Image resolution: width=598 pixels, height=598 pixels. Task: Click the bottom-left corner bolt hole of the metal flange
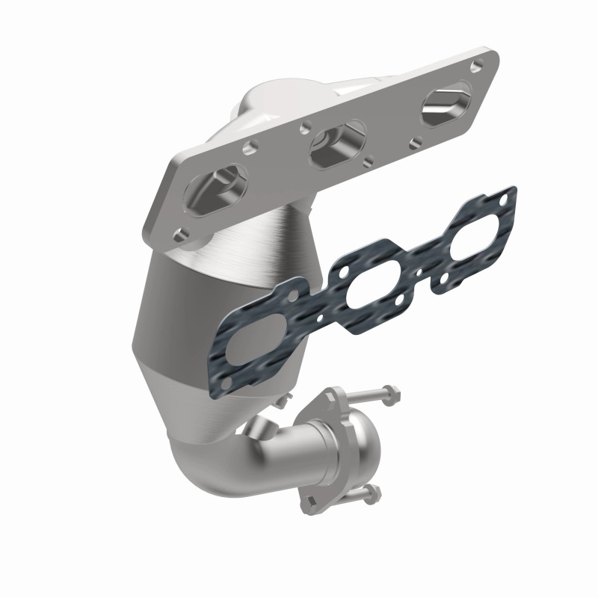[x=180, y=235]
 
